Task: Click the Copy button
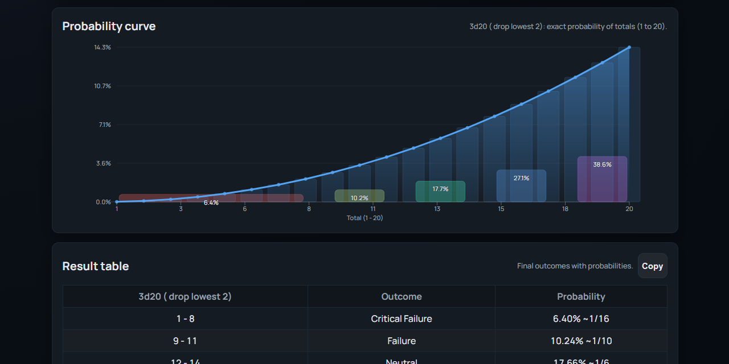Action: [652, 266]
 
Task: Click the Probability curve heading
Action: [109, 26]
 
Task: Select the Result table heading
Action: [96, 266]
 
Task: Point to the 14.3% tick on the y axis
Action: [103, 47]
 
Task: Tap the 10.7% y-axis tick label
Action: [103, 86]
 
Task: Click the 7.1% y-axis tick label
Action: [105, 125]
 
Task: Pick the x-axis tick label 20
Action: [629, 209]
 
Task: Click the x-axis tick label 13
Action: [437, 209]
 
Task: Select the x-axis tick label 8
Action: [309, 209]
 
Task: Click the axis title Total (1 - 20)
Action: [365, 218]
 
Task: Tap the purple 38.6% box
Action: [602, 179]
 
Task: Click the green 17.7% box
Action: [440, 191]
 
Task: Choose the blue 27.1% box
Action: [521, 185]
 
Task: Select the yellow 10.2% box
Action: [359, 196]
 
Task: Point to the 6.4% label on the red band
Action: [211, 202]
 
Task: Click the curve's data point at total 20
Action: [629, 47]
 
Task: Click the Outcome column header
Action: [402, 296]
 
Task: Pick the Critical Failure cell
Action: [402, 318]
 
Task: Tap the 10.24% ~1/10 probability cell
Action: [581, 341]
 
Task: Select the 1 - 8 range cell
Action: [185, 318]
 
